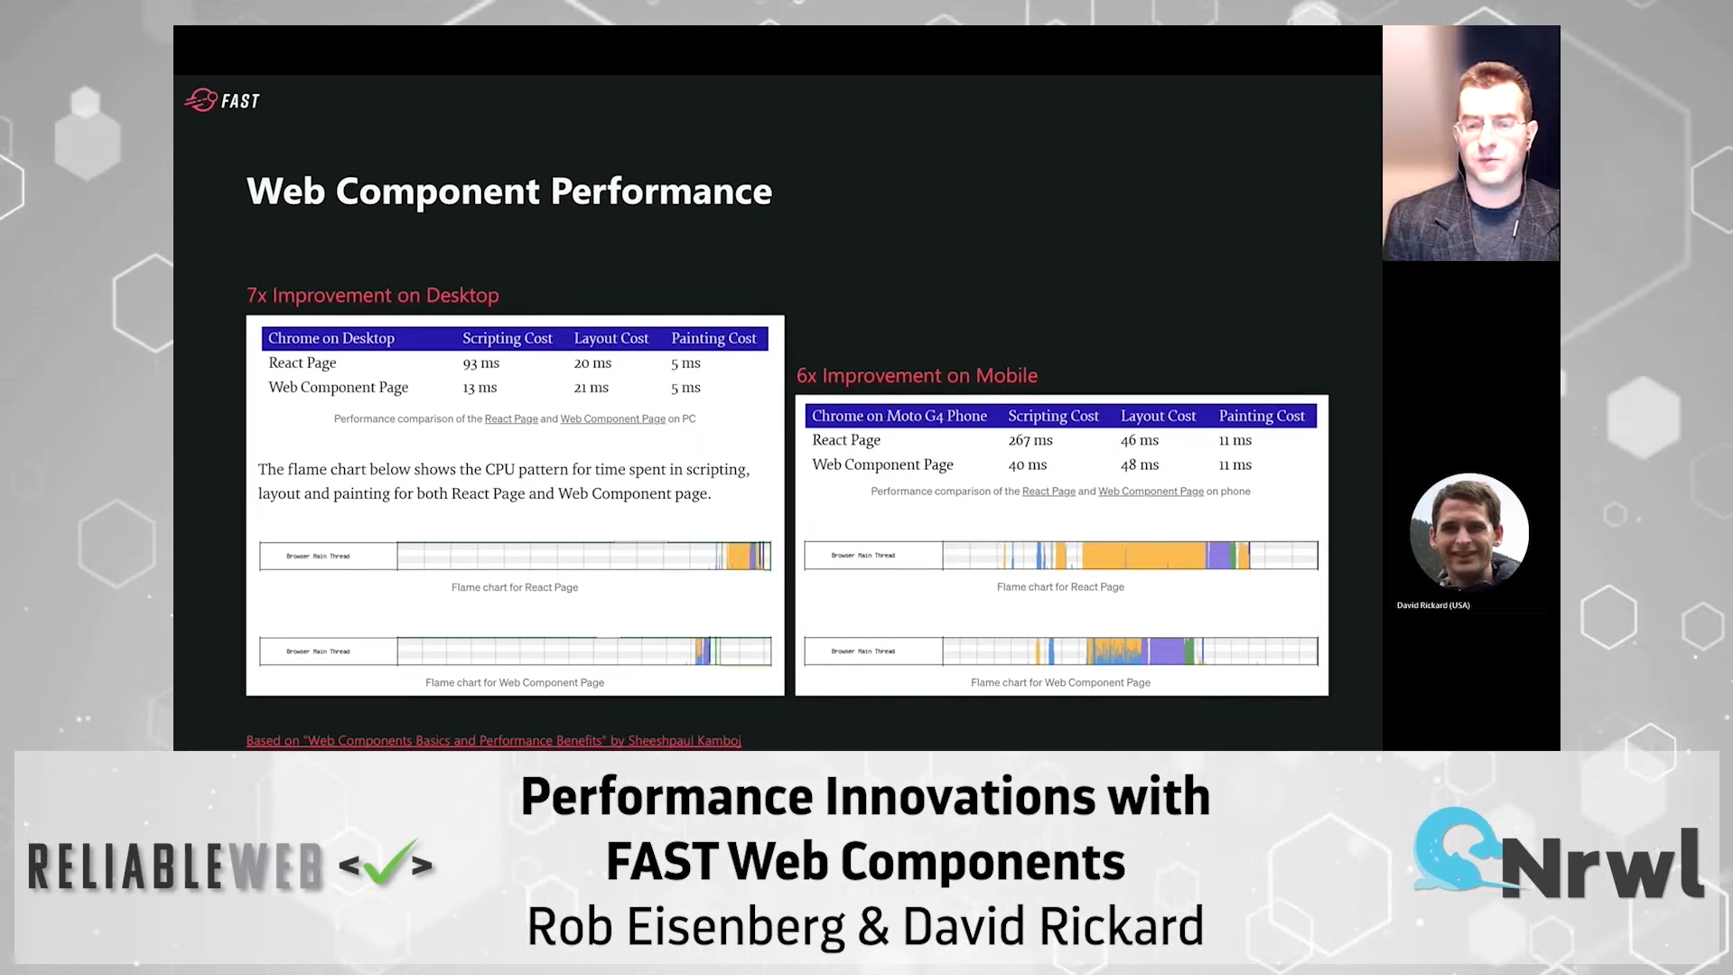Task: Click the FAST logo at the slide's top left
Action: (x=222, y=100)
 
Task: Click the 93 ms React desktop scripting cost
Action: (x=480, y=363)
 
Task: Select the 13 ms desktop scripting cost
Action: (x=480, y=388)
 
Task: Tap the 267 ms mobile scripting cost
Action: (x=1030, y=440)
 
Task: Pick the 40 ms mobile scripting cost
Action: (x=1027, y=464)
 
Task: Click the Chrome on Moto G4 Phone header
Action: (x=899, y=416)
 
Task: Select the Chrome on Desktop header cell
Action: (x=331, y=338)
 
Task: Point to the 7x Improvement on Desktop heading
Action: (x=372, y=295)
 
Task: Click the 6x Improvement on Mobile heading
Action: (x=916, y=376)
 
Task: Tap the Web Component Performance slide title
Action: (x=508, y=192)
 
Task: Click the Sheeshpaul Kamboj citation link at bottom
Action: (x=493, y=741)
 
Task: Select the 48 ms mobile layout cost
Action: (x=1139, y=464)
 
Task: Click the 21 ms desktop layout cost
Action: (x=591, y=388)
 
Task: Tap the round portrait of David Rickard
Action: (x=1468, y=531)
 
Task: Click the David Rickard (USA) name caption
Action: (x=1432, y=605)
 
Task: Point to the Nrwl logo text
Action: (x=1600, y=864)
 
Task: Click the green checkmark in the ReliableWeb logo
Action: (x=387, y=862)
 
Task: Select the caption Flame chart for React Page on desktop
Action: (x=514, y=587)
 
